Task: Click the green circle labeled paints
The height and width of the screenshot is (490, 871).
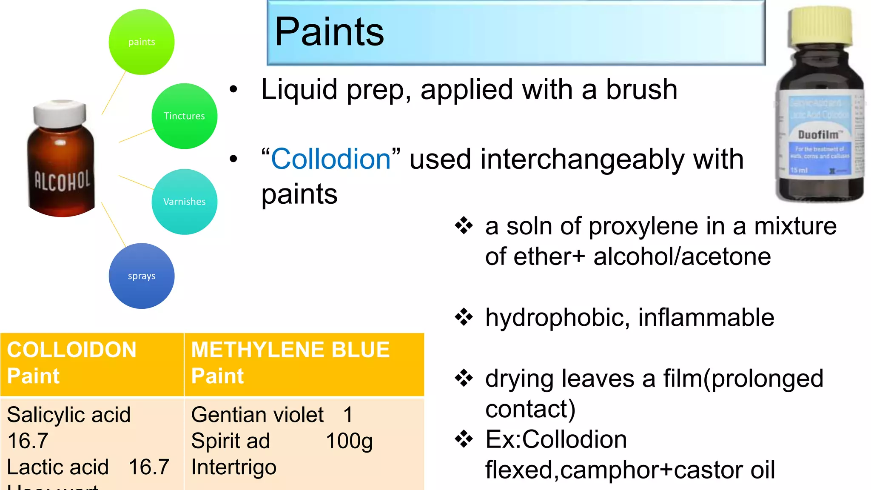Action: point(142,42)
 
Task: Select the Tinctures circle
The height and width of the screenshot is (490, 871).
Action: point(184,116)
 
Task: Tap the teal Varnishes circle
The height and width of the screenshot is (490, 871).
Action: point(184,202)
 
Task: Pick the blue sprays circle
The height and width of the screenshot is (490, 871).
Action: point(142,276)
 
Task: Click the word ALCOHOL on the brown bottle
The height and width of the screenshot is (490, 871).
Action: point(62,181)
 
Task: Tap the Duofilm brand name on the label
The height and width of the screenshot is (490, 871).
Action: point(818,135)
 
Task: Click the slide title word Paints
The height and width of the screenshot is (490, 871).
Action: point(329,32)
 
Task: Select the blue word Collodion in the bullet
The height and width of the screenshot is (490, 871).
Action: point(331,159)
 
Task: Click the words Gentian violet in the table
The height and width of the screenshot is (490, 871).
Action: point(257,415)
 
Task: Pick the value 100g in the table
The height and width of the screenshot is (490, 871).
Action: point(349,441)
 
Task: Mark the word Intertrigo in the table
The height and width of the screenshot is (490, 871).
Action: point(234,467)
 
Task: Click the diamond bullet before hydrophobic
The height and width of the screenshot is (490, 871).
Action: point(464,317)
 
